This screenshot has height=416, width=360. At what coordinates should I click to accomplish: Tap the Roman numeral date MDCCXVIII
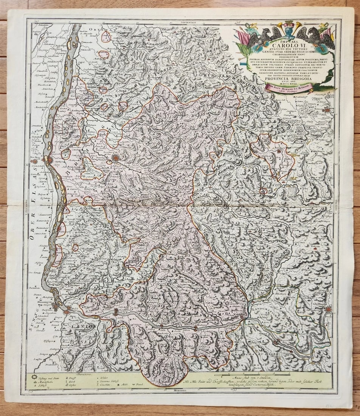[284, 83]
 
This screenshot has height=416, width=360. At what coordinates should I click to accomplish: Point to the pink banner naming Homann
[284, 87]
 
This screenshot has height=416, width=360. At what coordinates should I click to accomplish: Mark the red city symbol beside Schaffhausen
[328, 309]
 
